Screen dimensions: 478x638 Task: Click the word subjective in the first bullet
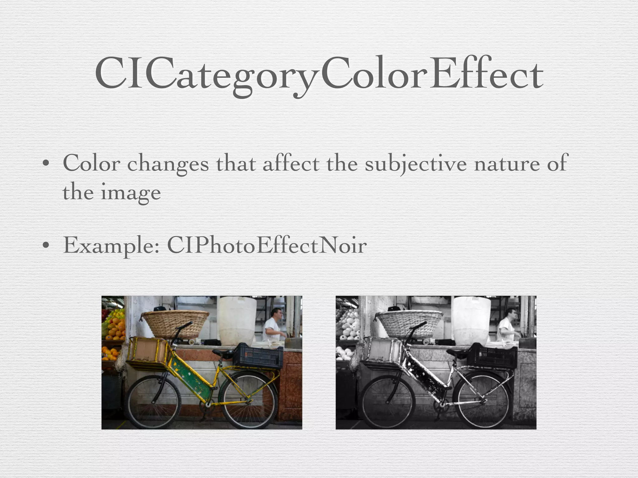click(416, 164)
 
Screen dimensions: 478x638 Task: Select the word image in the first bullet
click(131, 193)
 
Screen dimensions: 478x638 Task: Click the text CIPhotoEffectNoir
click(267, 246)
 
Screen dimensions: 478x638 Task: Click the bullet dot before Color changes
click(46, 163)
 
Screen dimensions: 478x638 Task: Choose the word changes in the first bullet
click(168, 164)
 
